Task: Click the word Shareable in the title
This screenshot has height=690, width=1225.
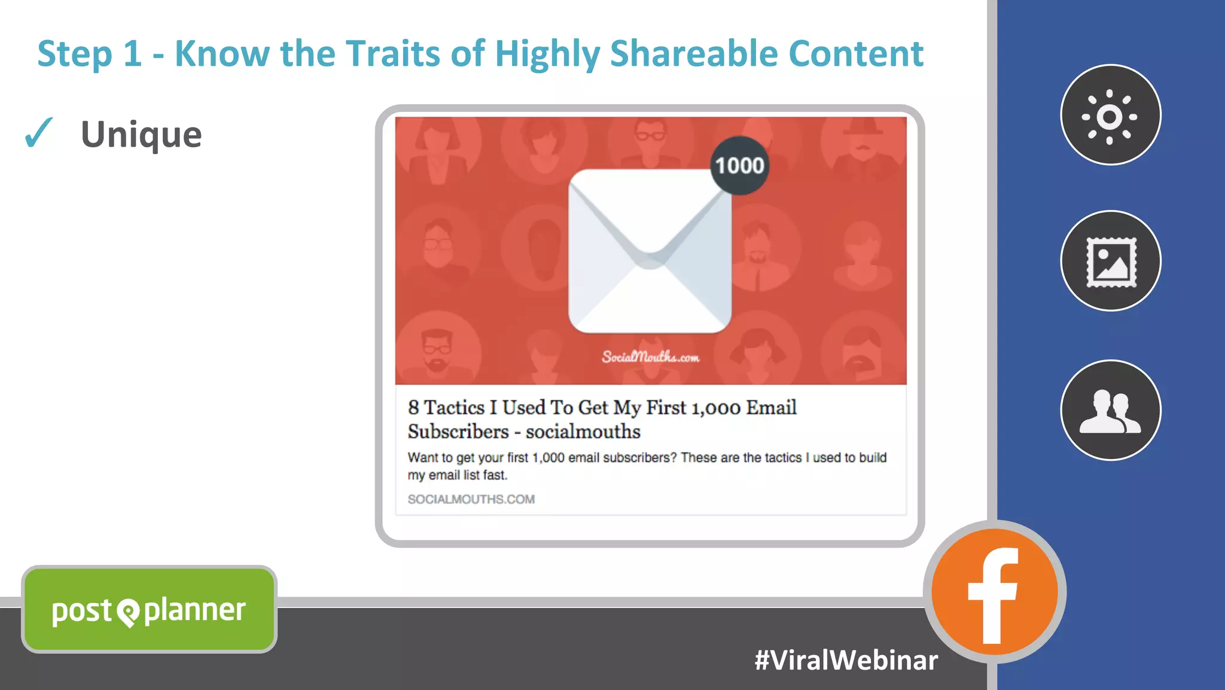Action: click(693, 53)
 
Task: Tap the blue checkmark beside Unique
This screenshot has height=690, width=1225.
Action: click(39, 132)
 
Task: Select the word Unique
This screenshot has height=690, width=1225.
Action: click(141, 134)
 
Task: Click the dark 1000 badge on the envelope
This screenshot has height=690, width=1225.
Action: click(739, 165)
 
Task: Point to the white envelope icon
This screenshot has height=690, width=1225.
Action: click(650, 251)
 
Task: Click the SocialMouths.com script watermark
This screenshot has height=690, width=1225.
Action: click(650, 357)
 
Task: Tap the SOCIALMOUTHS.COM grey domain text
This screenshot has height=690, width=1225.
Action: click(471, 499)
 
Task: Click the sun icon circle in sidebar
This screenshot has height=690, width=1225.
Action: click(1110, 115)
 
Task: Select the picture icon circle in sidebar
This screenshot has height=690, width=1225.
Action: click(1111, 261)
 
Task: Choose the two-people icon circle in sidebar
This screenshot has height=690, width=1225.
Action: click(1111, 410)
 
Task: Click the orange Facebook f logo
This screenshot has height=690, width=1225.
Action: click(994, 592)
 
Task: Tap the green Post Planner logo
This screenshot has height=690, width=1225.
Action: click(149, 609)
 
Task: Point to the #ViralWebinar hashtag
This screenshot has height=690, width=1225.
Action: click(846, 660)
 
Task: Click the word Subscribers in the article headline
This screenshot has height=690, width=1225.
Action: click(458, 431)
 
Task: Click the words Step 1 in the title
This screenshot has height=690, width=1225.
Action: click(90, 53)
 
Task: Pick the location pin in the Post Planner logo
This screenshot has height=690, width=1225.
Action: click(128, 612)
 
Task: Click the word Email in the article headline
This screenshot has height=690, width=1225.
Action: click(771, 408)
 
